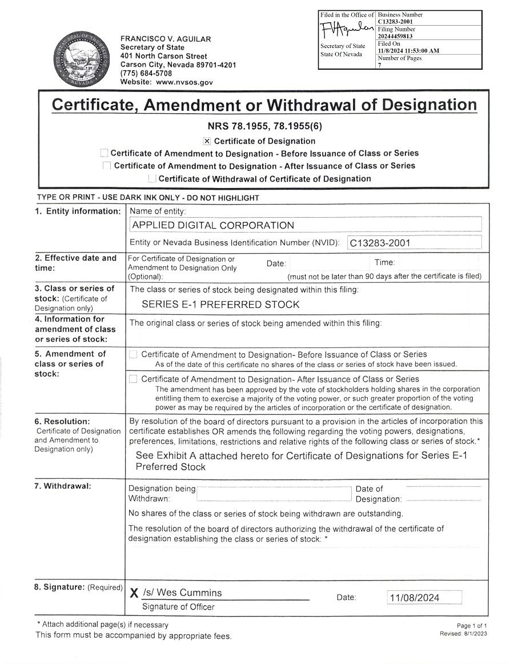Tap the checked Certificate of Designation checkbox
click(207, 141)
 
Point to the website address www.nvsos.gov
click(184, 82)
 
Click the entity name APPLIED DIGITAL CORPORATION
click(213, 225)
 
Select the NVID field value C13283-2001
click(380, 243)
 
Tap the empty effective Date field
click(329, 263)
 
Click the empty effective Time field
click(437, 263)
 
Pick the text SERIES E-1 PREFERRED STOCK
click(220, 305)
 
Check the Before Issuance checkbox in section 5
click(133, 354)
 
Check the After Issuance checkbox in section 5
click(133, 379)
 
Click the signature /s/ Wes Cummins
click(182, 593)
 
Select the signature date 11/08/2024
click(414, 598)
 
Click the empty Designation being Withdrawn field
click(274, 494)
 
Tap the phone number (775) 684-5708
click(146, 73)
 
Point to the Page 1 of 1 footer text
click(472, 626)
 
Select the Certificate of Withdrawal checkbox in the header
click(151, 179)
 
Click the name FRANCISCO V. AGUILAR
click(166, 39)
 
